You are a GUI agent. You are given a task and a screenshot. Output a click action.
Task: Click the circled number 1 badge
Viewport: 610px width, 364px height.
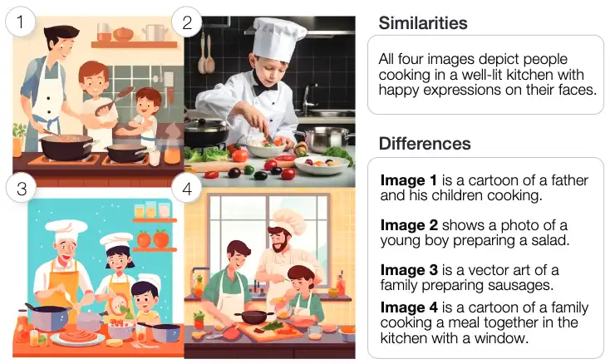(x=21, y=22)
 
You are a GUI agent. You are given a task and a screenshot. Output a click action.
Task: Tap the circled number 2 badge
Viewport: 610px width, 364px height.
(x=187, y=22)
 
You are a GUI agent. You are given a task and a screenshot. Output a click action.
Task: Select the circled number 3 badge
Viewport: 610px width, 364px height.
(x=21, y=189)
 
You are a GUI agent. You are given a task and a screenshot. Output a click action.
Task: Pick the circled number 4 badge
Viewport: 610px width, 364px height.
(x=187, y=189)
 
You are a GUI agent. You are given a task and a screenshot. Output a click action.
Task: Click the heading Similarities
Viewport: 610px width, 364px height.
(x=422, y=22)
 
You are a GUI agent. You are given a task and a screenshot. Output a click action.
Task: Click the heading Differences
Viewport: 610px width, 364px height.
(x=425, y=143)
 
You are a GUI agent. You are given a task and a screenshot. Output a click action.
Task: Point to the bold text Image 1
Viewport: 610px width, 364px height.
(x=407, y=180)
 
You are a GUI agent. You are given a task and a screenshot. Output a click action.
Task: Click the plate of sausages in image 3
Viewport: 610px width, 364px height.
(x=76, y=337)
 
